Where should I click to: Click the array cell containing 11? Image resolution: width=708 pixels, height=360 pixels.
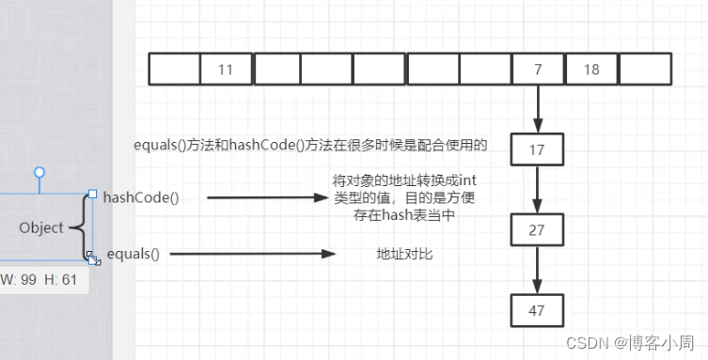pyautogui.click(x=226, y=70)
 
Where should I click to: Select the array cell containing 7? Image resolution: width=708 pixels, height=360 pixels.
pyautogui.click(x=538, y=70)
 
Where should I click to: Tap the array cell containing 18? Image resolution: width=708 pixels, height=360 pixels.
pyautogui.click(x=591, y=70)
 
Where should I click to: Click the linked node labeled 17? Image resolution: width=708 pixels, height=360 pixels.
pyautogui.click(x=538, y=149)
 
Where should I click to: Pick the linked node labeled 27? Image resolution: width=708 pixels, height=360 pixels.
pyautogui.click(x=538, y=229)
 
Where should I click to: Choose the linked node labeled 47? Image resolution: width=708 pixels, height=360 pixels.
pyautogui.click(x=538, y=309)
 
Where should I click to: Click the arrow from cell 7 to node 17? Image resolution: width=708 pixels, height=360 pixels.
pyautogui.click(x=538, y=109)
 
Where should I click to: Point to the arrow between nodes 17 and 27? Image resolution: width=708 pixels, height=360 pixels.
pyautogui.click(x=538, y=189)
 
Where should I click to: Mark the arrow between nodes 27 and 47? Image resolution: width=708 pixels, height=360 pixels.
pyautogui.click(x=538, y=270)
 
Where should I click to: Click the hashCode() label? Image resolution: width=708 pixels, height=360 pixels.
pyautogui.click(x=141, y=196)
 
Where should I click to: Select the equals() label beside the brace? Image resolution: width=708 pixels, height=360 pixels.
pyautogui.click(x=134, y=254)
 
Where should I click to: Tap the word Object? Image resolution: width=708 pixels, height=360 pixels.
pyautogui.click(x=41, y=227)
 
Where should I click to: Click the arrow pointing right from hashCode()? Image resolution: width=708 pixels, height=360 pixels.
pyautogui.click(x=264, y=197)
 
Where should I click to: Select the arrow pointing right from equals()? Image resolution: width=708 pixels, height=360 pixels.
pyautogui.click(x=253, y=254)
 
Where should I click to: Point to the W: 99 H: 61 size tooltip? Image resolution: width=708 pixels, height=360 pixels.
pyautogui.click(x=43, y=279)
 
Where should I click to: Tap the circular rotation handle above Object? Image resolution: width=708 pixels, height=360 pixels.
pyautogui.click(x=39, y=173)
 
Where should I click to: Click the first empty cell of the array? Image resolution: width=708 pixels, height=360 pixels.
pyautogui.click(x=174, y=70)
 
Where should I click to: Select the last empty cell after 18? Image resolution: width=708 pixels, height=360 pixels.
pyautogui.click(x=645, y=70)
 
